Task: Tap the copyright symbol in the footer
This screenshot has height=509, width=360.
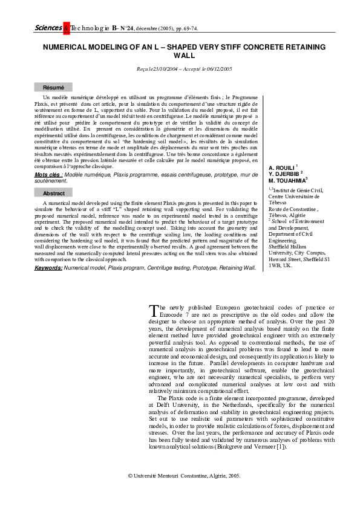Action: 131,475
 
